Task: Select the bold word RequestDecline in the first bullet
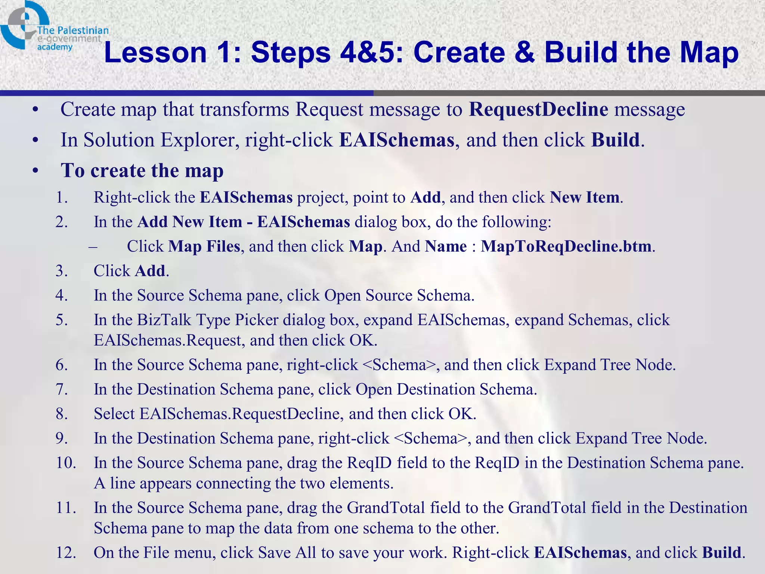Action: coord(538,109)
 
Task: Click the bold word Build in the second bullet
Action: coord(615,140)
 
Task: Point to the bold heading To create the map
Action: coord(142,171)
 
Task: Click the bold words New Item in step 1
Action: coord(585,197)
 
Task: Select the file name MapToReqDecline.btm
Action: coord(566,246)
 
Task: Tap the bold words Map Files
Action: coord(204,246)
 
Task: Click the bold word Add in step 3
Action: coord(150,271)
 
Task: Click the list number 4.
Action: coord(62,296)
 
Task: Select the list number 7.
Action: coord(62,389)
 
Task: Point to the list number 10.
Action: coord(66,463)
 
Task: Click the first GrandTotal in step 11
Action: coord(386,508)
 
